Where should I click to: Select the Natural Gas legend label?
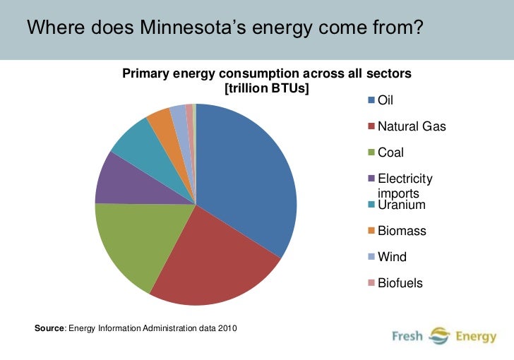point(412,126)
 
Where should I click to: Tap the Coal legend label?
point(391,152)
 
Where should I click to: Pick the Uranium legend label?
point(402,205)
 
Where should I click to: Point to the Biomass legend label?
point(402,231)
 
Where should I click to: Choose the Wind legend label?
point(393,257)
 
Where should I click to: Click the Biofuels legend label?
point(400,283)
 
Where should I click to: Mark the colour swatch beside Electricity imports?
point(371,179)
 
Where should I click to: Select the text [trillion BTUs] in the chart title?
point(267,88)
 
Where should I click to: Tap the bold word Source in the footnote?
point(49,328)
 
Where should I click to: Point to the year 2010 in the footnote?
point(227,328)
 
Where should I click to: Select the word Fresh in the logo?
point(407,337)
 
